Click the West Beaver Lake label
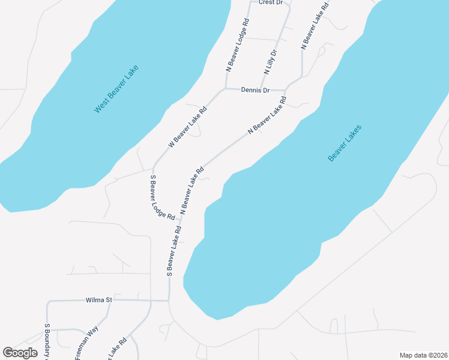[x=116, y=88]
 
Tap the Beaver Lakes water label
[x=345, y=143]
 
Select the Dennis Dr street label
[x=255, y=90]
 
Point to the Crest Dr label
[x=270, y=2]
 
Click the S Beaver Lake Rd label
[x=173, y=251]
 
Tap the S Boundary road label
[x=47, y=342]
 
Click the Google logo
[x=20, y=353]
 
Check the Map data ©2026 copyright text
[x=423, y=355]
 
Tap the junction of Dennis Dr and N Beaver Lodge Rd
[x=224, y=89]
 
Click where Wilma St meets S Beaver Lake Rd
[x=169, y=299]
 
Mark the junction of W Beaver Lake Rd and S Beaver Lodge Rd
[x=154, y=167]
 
